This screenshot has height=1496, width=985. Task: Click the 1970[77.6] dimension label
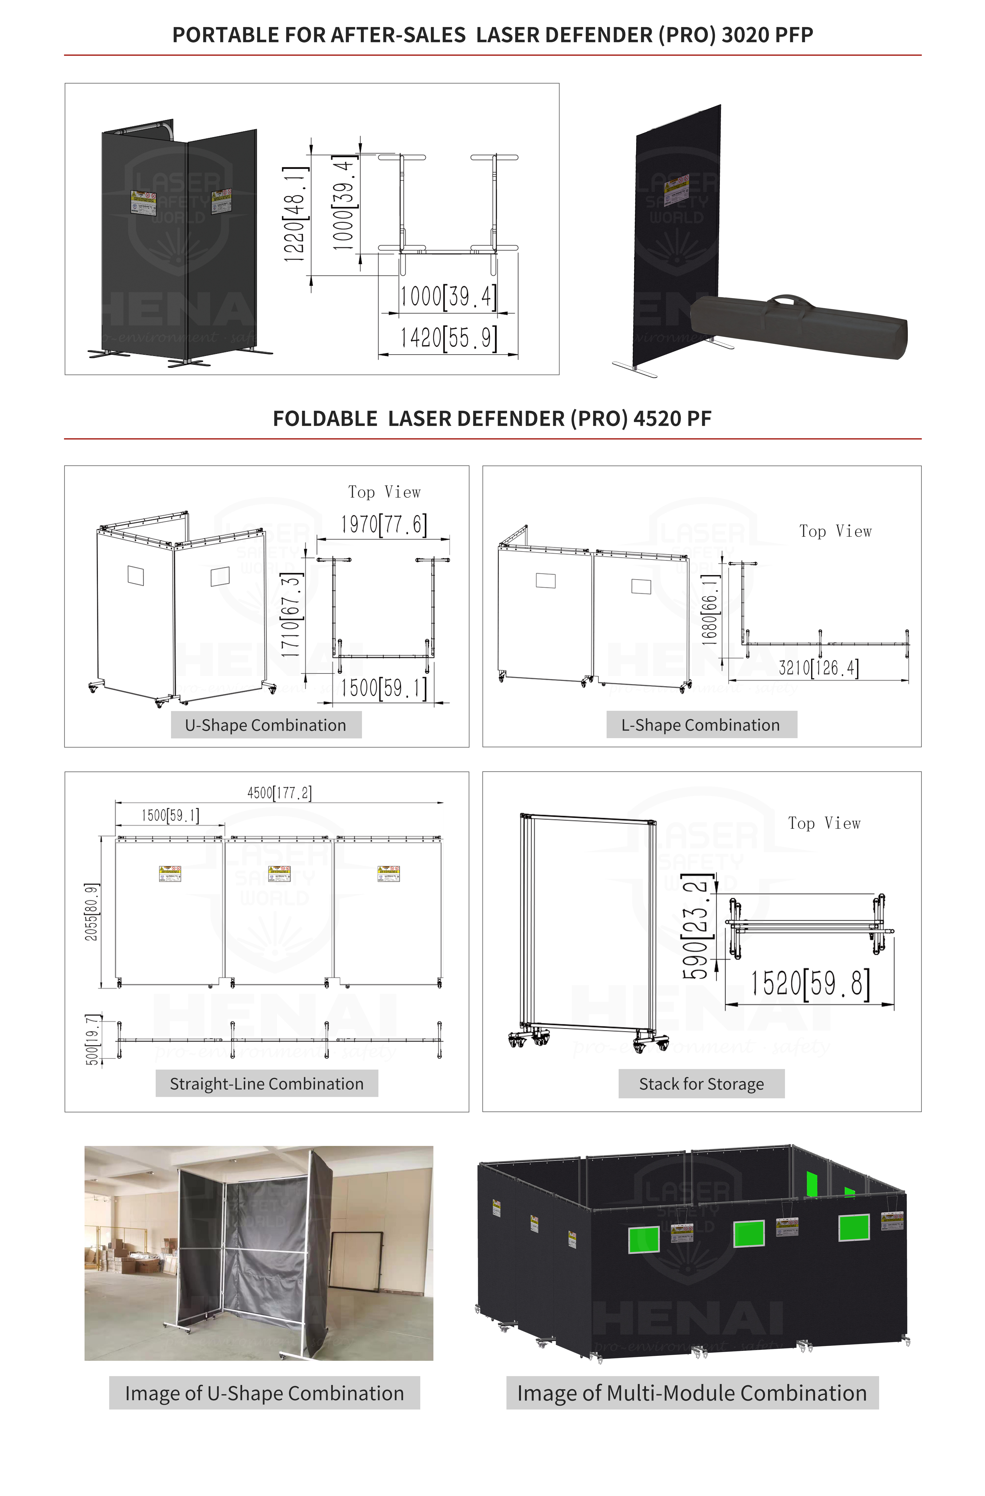(x=383, y=524)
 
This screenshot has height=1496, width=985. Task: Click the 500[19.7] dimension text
(x=92, y=1039)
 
